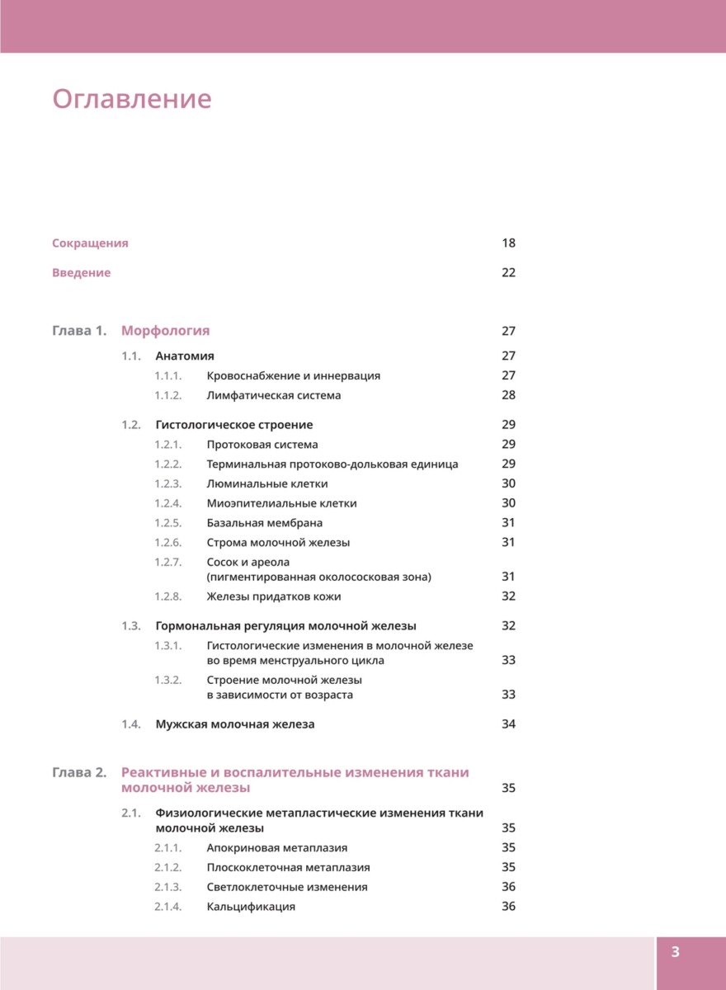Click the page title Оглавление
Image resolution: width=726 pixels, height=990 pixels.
132,100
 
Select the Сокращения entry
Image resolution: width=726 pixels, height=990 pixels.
90,243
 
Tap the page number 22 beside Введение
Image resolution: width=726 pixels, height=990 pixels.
508,273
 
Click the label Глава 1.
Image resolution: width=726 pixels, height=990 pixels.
79,332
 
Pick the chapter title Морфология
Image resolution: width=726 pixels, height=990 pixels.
166,332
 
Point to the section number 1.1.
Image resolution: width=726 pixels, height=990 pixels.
132,356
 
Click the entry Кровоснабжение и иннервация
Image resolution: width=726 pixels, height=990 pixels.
294,376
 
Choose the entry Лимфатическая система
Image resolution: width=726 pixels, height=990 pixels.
274,396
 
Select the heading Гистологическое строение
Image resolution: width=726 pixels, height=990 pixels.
234,425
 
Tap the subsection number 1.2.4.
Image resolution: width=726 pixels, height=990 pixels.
167,503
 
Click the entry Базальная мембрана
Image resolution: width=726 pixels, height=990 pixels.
265,523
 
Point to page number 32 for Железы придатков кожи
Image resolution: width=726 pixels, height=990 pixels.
508,596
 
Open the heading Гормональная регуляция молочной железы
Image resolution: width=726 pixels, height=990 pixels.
286,626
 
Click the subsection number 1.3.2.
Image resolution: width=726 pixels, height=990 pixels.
167,681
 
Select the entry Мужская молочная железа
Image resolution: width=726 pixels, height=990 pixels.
235,724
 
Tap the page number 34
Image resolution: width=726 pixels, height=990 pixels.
508,724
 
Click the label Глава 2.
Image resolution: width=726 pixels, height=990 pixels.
79,773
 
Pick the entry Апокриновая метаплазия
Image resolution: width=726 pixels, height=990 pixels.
277,848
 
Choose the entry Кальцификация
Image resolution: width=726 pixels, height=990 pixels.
251,907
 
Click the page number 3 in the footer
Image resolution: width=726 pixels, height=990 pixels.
675,953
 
